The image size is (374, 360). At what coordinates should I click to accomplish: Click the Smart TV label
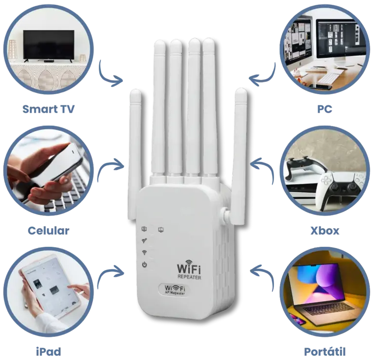tap(49, 109)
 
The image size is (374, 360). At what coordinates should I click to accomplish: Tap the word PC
tap(324, 109)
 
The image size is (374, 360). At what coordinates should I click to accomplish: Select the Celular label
tap(49, 230)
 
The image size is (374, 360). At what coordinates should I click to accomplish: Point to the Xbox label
tap(324, 231)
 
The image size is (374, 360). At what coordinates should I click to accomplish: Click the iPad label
tap(48, 351)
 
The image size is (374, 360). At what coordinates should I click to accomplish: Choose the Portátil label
tap(324, 351)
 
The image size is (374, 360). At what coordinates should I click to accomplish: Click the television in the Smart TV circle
tap(49, 45)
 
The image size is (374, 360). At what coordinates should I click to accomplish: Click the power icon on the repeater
tap(145, 265)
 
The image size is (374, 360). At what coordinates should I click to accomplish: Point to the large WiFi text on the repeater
tap(188, 269)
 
